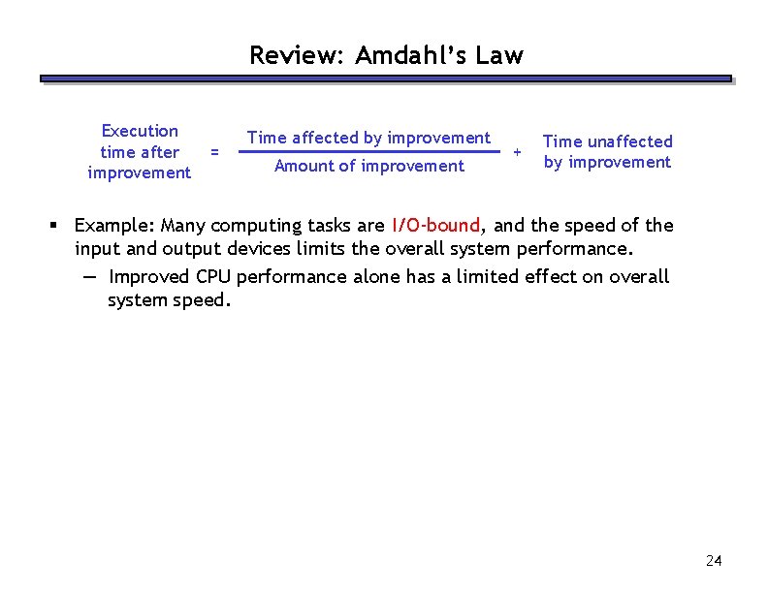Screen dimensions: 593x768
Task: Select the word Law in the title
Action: click(499, 56)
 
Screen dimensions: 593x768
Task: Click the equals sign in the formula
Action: click(214, 151)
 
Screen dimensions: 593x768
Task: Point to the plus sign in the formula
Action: click(516, 152)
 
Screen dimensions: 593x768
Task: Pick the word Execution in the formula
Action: click(140, 131)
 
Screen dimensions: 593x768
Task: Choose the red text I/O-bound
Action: click(435, 226)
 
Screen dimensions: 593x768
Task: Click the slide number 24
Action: click(714, 561)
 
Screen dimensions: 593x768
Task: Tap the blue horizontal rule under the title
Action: click(385, 79)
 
